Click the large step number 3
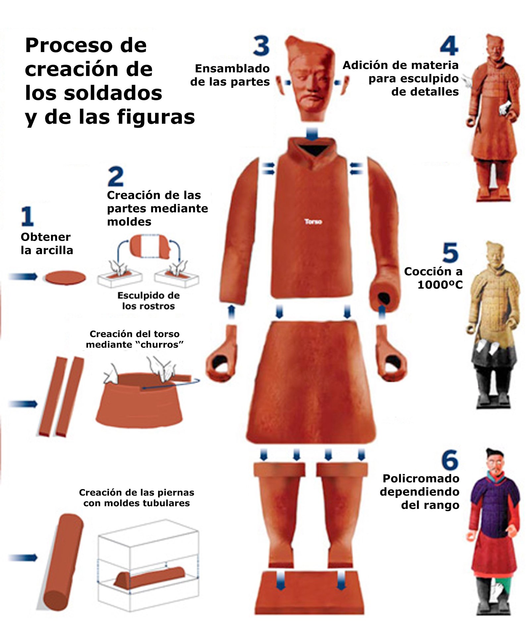[261, 46]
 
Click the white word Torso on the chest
[313, 221]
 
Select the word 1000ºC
[440, 285]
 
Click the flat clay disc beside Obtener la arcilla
[66, 277]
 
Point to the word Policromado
[421, 479]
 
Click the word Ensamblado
[232, 69]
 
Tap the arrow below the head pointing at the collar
[312, 134]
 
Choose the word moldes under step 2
[129, 222]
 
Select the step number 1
[27, 216]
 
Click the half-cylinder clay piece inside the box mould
[149, 577]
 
